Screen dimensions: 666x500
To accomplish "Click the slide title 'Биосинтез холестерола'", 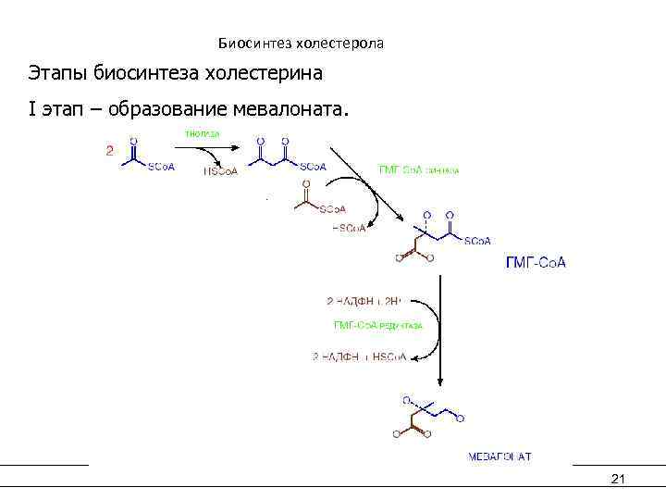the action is (301, 44).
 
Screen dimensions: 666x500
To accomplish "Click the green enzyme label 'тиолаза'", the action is (203, 133).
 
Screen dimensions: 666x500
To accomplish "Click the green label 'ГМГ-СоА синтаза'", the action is (419, 169).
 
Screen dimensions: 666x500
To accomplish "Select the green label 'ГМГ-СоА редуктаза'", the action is (378, 325).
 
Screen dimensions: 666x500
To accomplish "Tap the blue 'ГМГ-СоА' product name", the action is (536, 263).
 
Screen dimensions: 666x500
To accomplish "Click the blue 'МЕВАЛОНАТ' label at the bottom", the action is (499, 456).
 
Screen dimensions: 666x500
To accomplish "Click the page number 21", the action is (619, 478).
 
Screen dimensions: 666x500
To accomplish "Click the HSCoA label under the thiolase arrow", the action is (220, 170).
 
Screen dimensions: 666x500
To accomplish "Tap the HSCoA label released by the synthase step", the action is (348, 229).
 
